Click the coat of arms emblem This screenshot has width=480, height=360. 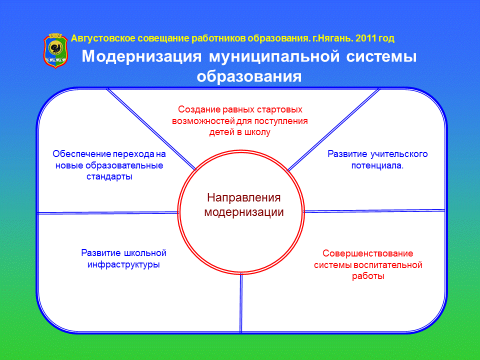point(55,50)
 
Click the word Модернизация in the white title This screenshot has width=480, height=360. point(141,56)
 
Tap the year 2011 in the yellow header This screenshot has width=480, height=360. point(366,38)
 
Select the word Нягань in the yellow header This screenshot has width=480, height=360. point(336,38)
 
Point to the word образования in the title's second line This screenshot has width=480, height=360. point(249,76)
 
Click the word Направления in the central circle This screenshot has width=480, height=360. point(243,198)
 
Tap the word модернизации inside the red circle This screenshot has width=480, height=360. point(244,212)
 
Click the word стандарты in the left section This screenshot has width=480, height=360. point(109,176)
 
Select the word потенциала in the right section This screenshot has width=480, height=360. point(376,165)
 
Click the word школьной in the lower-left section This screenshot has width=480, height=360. point(145,253)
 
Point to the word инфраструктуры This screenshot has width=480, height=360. point(123,264)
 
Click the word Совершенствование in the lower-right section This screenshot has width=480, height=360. point(367,253)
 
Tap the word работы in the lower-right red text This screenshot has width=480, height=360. point(367,276)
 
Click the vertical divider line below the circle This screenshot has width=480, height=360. point(241,303)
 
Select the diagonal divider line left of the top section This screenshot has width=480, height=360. point(151,129)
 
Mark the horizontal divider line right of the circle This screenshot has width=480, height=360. point(374,211)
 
